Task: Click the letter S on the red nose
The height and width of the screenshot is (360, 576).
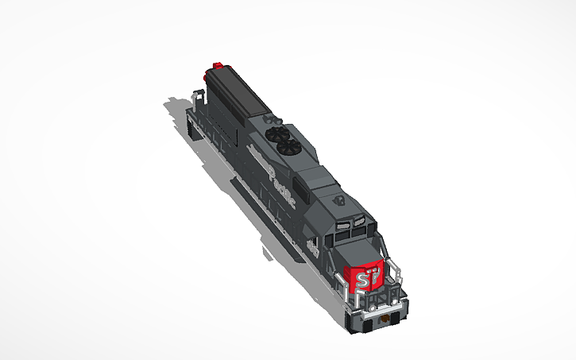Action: pyautogui.click(x=363, y=281)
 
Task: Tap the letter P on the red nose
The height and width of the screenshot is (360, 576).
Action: pyautogui.click(x=373, y=278)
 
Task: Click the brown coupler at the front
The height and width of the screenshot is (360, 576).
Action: pyautogui.click(x=389, y=318)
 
